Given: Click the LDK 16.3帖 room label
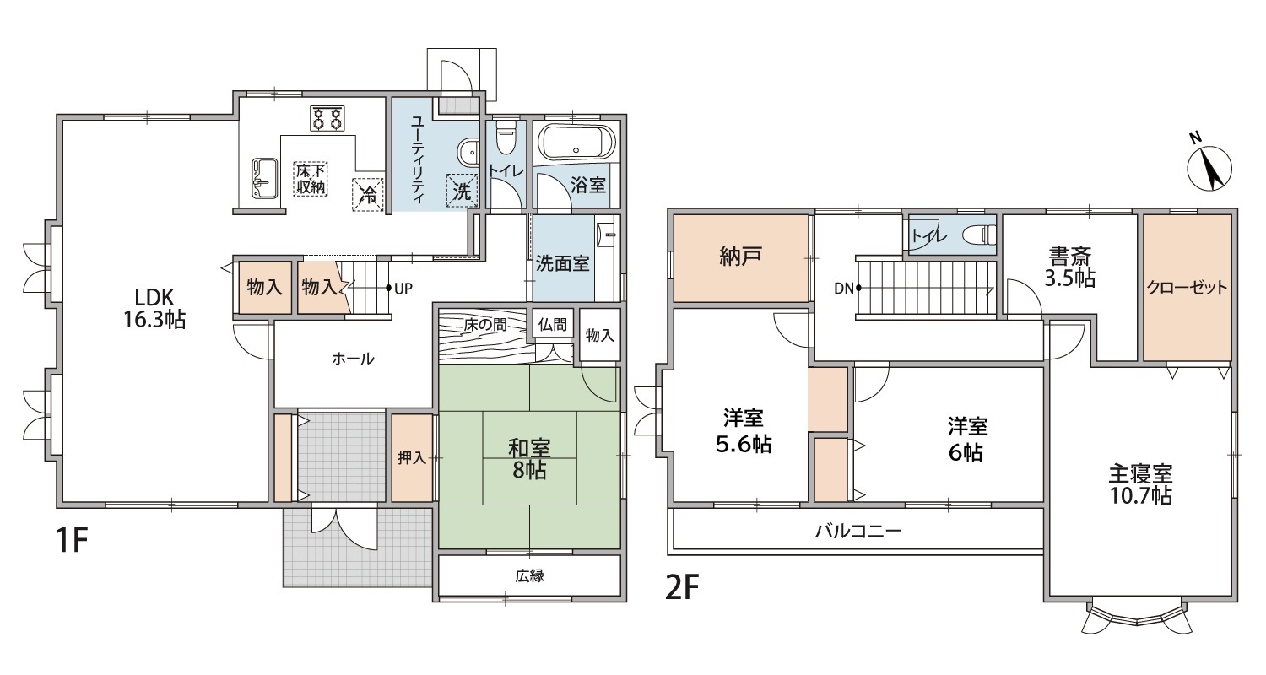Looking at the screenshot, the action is click(x=154, y=309).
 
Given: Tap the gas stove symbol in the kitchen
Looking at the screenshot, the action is click(x=327, y=119).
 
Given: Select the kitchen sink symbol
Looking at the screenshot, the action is click(x=264, y=179).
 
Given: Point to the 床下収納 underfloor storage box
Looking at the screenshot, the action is click(x=311, y=179).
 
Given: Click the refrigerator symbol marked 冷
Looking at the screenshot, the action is click(x=368, y=195).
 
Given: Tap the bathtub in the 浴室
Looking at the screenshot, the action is click(x=576, y=143).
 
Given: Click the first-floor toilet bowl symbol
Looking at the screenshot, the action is click(x=505, y=137).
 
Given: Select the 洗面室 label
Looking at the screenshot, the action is click(x=562, y=263).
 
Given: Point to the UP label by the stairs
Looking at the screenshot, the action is click(x=403, y=289).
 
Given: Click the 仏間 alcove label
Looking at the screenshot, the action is click(x=552, y=324).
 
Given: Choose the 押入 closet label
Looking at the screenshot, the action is click(x=412, y=457).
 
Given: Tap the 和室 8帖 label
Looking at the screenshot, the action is click(x=529, y=459).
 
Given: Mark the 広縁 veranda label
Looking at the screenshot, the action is click(x=529, y=576).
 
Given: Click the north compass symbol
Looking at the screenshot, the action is click(x=1209, y=166).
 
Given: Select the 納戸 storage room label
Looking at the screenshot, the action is click(x=740, y=256).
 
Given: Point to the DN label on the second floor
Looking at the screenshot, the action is click(x=844, y=289).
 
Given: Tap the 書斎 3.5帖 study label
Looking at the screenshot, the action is click(x=1070, y=267).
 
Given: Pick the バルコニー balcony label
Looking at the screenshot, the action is click(x=858, y=531).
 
